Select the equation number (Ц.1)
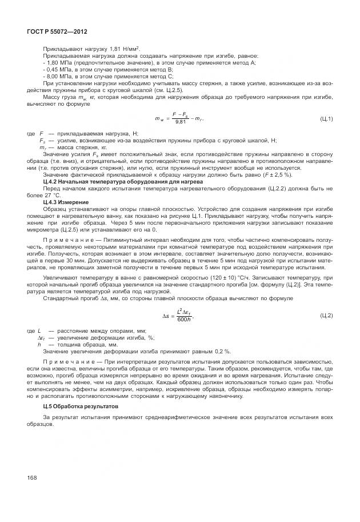[x=326, y=118]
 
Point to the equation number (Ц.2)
[x=326, y=315]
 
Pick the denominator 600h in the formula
[x=184, y=319]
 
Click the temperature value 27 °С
[x=53, y=196]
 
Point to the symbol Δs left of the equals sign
[x=165, y=315]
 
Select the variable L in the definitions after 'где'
[x=39, y=331]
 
